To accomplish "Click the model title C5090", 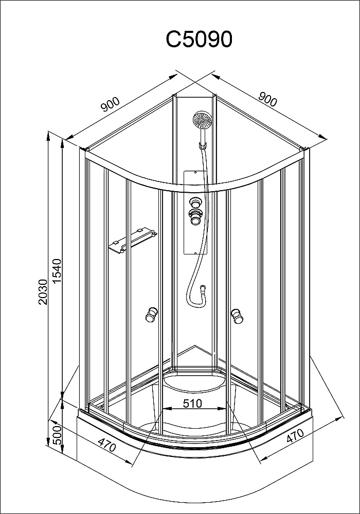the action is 199,40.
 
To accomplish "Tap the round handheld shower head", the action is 202,120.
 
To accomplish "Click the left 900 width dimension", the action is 110,104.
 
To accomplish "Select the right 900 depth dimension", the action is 268,99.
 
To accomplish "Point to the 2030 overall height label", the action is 44,292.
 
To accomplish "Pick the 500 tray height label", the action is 57,435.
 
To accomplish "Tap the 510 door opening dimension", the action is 192,403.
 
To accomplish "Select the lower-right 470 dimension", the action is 295,436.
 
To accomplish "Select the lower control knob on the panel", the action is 196,217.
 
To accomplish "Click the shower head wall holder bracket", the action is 204,145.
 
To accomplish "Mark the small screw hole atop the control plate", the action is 195,172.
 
